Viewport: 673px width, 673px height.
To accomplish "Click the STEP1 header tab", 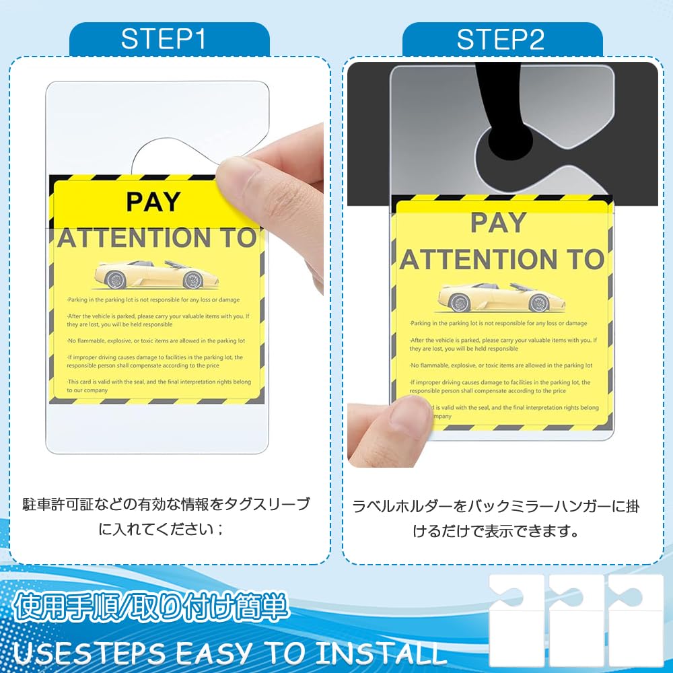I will click(x=169, y=40).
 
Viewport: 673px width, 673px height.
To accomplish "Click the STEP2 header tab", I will click(x=501, y=40).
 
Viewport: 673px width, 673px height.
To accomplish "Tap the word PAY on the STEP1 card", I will click(x=153, y=201).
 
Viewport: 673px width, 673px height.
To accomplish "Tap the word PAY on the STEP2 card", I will click(x=499, y=222).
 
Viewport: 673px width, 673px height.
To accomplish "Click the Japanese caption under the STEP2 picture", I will click(x=497, y=518).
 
